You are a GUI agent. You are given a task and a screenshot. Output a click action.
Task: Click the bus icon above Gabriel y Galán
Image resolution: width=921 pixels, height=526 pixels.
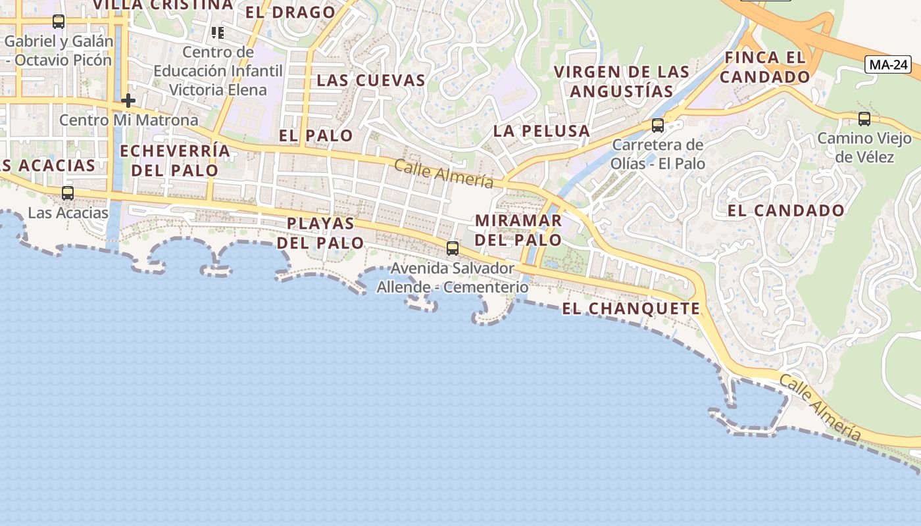59,22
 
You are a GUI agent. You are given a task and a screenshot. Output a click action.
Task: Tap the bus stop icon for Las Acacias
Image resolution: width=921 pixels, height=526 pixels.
67,193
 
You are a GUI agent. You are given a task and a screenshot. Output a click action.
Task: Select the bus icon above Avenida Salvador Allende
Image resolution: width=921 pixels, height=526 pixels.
452,249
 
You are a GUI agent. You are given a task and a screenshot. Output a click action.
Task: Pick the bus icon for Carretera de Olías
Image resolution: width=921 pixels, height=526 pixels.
657,126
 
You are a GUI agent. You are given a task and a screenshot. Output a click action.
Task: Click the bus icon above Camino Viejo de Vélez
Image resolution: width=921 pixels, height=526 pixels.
864,119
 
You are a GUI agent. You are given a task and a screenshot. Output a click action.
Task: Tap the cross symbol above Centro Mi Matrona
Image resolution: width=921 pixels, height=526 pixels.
128,101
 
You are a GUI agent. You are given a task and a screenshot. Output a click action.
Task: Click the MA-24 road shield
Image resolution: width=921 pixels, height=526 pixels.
888,64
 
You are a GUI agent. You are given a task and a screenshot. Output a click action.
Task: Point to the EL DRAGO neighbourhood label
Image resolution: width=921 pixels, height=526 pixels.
290,12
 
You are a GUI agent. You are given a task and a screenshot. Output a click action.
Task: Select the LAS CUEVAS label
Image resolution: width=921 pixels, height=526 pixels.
371,81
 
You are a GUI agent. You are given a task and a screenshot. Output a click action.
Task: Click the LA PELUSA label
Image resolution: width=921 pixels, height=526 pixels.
541,131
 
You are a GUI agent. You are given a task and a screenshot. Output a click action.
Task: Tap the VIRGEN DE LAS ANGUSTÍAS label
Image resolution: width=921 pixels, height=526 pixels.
622,82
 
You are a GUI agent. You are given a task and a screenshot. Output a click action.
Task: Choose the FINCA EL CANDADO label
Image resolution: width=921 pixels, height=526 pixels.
764,67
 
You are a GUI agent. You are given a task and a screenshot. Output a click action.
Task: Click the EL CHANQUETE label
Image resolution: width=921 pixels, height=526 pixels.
631,308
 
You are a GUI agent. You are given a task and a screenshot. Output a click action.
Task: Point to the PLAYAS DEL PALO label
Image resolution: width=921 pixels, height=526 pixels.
320,233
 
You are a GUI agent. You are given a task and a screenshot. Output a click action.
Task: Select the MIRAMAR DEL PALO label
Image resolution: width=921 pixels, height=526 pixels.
518,230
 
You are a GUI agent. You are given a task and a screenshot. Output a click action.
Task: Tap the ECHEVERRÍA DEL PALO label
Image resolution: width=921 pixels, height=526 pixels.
175,160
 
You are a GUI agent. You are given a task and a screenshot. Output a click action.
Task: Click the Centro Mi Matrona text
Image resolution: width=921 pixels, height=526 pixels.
128,120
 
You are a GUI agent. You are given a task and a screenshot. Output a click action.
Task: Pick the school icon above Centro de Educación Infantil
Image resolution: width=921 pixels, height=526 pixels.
218,32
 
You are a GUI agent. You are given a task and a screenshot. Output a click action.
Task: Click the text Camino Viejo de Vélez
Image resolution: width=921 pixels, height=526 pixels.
864,147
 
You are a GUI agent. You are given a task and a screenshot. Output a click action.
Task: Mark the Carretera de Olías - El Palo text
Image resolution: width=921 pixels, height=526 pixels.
658,154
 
